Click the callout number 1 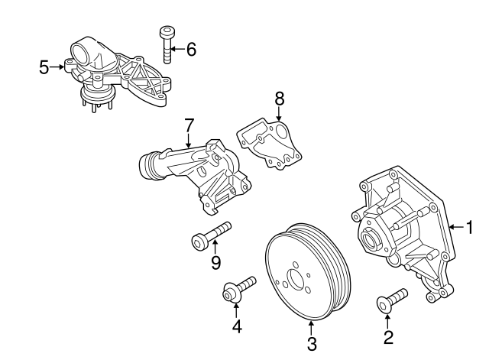(470, 227)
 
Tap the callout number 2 (388, 336)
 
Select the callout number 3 (311, 344)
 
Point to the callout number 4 (237, 326)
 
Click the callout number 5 (44, 67)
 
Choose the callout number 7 (189, 125)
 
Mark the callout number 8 (279, 98)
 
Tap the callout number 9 (215, 263)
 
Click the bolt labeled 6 (167, 46)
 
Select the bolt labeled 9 (210, 235)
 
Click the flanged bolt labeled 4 (238, 290)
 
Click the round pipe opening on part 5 (82, 54)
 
